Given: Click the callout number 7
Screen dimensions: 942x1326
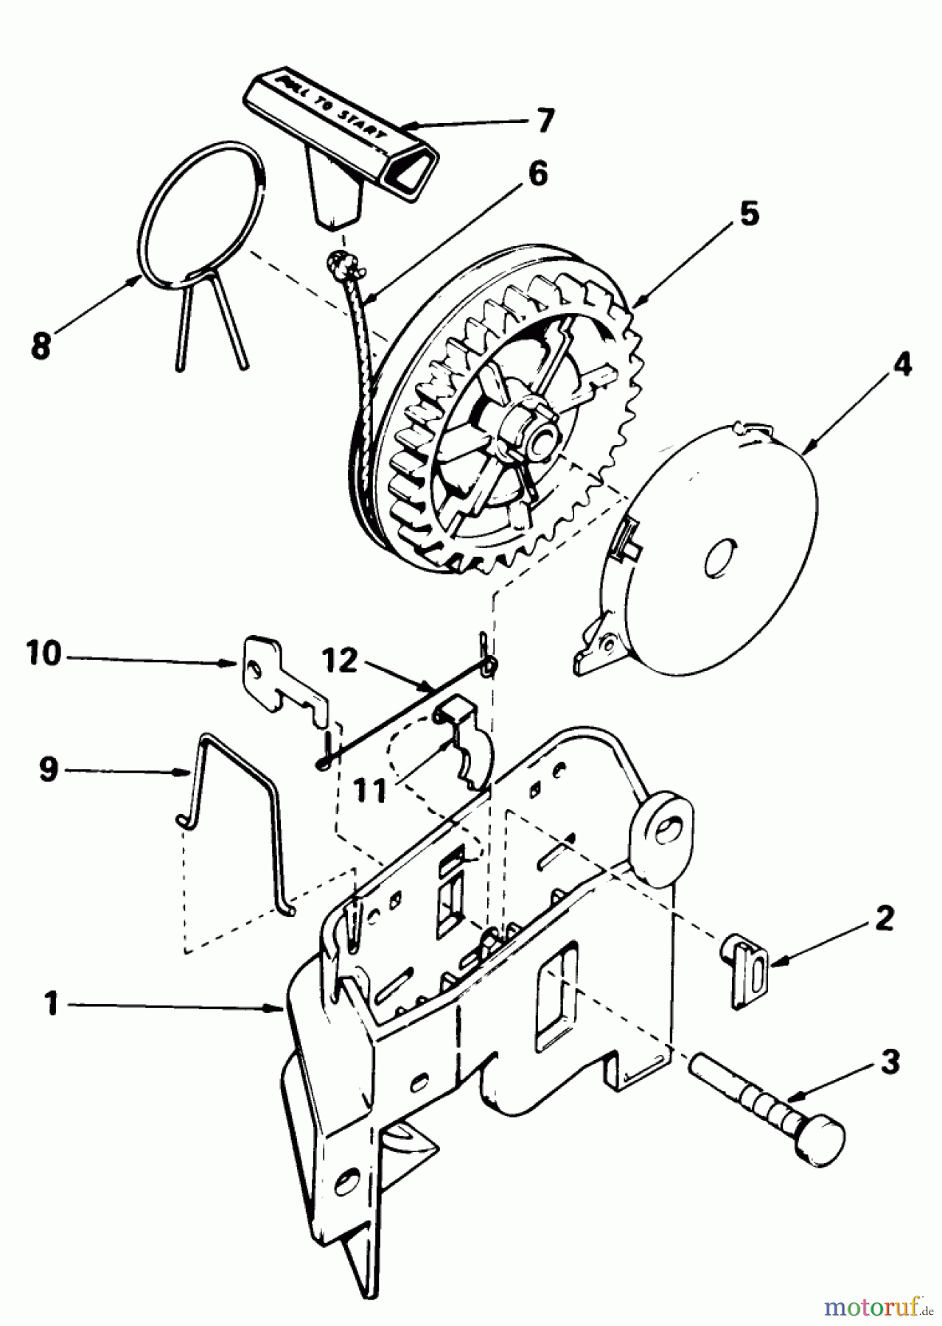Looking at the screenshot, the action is point(544,121).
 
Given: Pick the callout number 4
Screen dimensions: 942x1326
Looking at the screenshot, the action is point(901,365).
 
